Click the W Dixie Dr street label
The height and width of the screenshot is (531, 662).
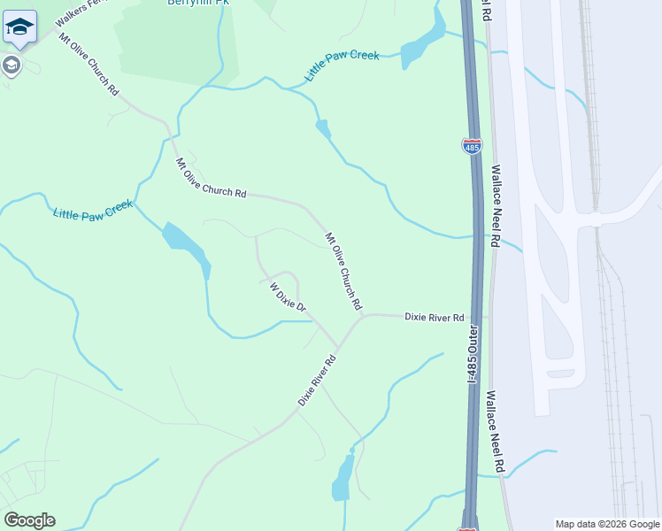(287, 296)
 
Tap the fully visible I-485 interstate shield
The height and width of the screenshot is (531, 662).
(472, 146)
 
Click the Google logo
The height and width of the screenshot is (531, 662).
(29, 520)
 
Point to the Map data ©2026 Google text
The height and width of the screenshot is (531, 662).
(607, 524)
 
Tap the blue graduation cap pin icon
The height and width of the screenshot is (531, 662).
(19, 28)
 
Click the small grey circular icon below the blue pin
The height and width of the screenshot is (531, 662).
(11, 65)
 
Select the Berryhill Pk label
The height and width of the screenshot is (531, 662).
(198, 3)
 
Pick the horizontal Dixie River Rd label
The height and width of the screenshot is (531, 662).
(434, 317)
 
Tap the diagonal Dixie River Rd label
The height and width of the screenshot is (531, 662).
(318, 381)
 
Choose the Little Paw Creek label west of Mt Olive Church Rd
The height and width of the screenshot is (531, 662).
(93, 210)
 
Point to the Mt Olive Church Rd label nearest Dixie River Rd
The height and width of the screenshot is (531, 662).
(343, 271)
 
